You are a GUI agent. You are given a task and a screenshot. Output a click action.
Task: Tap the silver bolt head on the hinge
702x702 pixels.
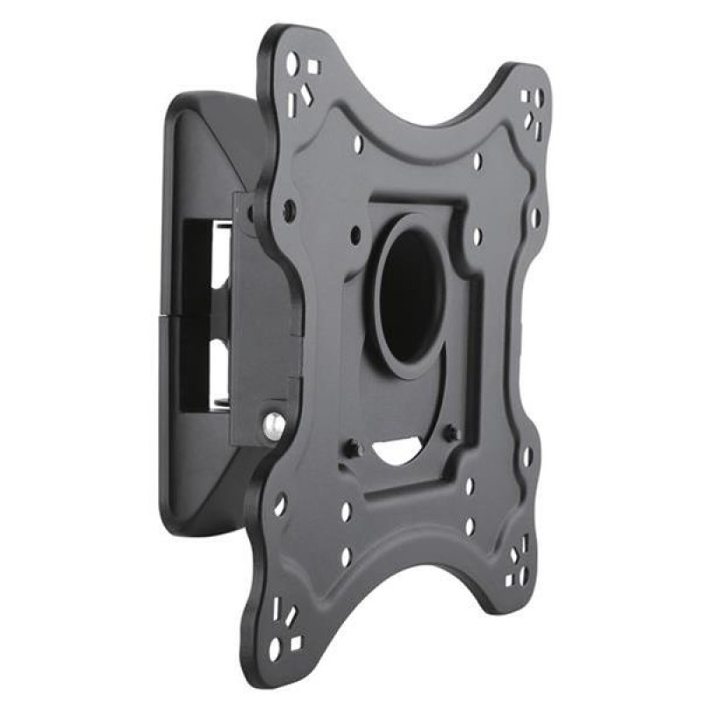tap(275, 425)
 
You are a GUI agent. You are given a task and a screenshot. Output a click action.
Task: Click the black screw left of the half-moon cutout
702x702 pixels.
tap(352, 448)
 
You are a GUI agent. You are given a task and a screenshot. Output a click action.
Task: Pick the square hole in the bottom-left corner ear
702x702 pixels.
tap(296, 643)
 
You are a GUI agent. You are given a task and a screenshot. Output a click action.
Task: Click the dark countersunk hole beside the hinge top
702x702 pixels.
tap(290, 209)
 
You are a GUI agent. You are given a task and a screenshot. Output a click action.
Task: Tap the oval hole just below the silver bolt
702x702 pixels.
tap(279, 505)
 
